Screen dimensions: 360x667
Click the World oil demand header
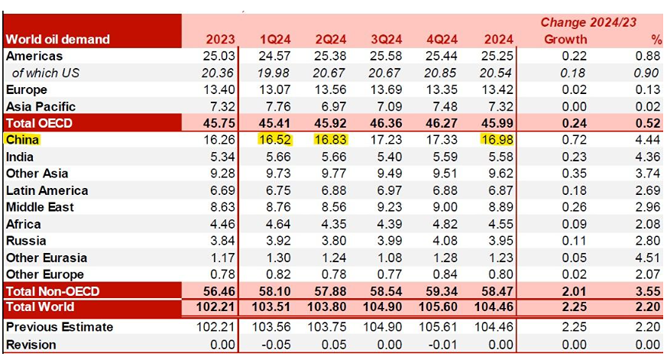pyautogui.click(x=57, y=39)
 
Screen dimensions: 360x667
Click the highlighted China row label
pyautogui.click(x=22, y=140)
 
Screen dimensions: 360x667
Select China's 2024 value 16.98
pyautogui.click(x=497, y=140)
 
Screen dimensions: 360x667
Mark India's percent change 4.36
pyautogui.click(x=646, y=157)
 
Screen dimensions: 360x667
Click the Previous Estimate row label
pyautogui.click(x=60, y=327)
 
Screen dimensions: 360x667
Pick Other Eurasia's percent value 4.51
pyautogui.click(x=646, y=258)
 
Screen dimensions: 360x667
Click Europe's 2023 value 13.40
pyautogui.click(x=219, y=89)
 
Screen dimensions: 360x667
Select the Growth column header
pyautogui.click(x=565, y=39)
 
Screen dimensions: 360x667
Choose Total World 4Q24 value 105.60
pyautogui.click(x=439, y=307)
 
